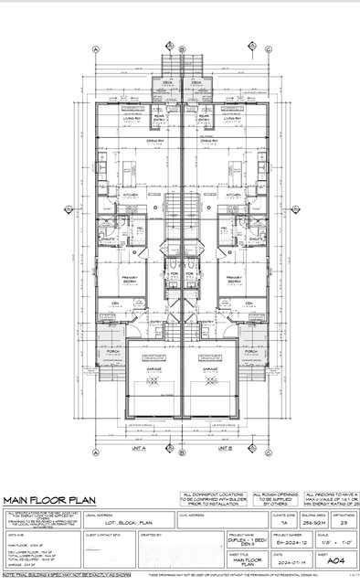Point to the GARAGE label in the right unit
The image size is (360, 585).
click(x=210, y=369)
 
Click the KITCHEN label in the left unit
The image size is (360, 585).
click(x=130, y=195)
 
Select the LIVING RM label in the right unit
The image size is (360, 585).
click(x=232, y=117)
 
